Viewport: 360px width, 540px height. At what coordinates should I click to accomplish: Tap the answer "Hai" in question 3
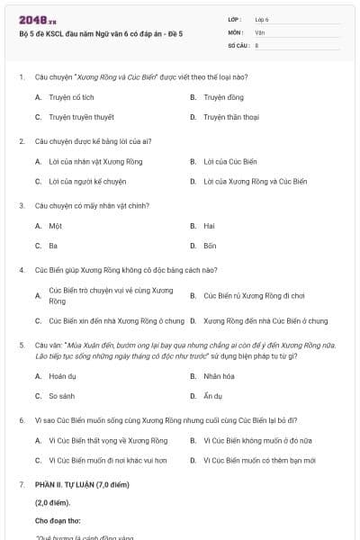209,226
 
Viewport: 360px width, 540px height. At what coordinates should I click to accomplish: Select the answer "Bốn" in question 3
210,245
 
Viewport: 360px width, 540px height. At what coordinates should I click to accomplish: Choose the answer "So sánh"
61,396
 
